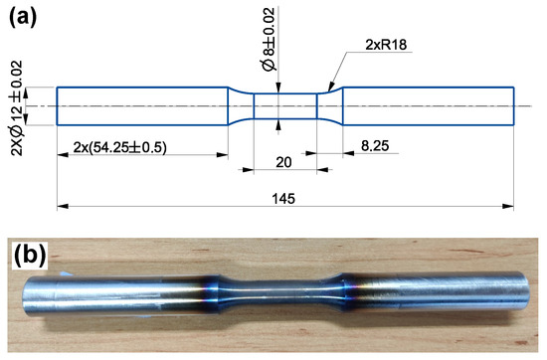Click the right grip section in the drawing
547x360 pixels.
click(429, 105)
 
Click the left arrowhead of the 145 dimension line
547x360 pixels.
click(59, 207)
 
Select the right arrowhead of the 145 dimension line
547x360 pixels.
click(512, 207)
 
